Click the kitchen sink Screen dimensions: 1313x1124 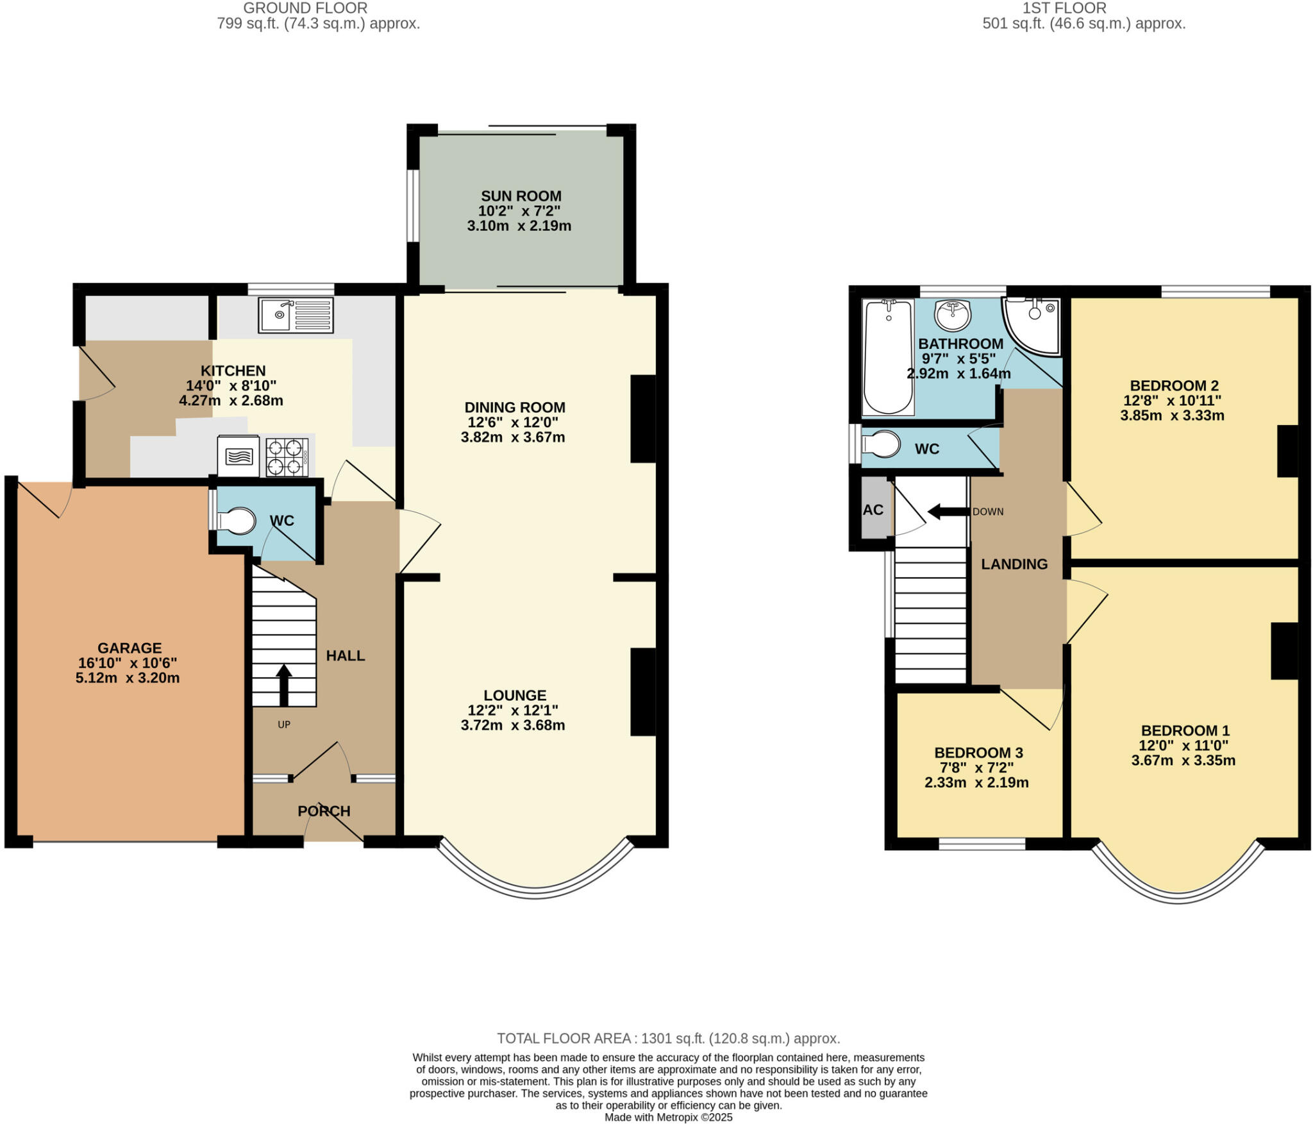(296, 315)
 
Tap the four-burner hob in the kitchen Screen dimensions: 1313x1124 (287, 457)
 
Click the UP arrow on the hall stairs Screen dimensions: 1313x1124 (283, 685)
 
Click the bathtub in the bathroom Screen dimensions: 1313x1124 (889, 357)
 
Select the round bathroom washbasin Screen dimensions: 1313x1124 (953, 315)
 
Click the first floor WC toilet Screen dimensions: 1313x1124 (880, 444)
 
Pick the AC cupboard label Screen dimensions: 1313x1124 (873, 510)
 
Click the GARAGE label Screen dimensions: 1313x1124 (130, 648)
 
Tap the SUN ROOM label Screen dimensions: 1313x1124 (521, 196)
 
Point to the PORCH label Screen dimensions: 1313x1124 (324, 811)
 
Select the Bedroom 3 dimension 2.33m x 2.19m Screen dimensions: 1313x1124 (976, 782)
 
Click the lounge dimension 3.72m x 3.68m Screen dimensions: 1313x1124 (513, 725)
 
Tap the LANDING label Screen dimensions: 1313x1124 (1014, 564)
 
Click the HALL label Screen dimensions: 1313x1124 (346, 655)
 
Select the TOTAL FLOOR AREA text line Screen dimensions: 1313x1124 (669, 1038)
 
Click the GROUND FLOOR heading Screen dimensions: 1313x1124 (306, 8)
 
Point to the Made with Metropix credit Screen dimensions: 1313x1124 (669, 1117)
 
